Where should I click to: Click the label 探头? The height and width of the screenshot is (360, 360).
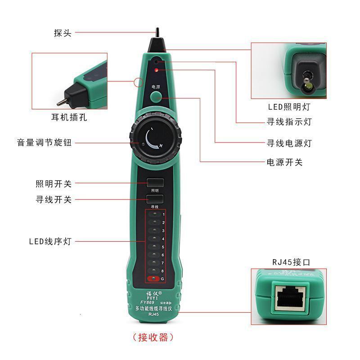click(x=62, y=33)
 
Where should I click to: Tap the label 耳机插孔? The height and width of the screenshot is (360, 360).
click(x=69, y=118)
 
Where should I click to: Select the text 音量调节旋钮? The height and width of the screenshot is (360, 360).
click(x=45, y=143)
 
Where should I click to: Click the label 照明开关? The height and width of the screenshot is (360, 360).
click(x=54, y=184)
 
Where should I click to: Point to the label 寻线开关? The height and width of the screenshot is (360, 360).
click(x=54, y=199)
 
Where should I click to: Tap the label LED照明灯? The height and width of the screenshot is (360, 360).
click(x=288, y=107)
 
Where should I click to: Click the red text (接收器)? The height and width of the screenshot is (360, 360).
click(x=153, y=337)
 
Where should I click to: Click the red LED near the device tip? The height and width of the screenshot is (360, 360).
click(x=156, y=70)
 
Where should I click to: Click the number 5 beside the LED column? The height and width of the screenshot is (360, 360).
click(x=163, y=247)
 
